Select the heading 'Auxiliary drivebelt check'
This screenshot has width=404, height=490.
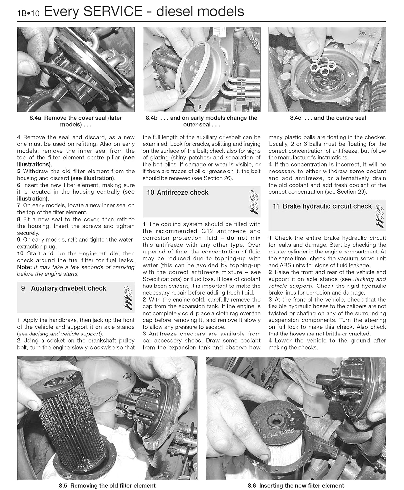point(69,288)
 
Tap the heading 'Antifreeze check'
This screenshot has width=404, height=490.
point(182,192)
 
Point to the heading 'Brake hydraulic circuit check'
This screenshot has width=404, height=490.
point(327,206)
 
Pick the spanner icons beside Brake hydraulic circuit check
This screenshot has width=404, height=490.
point(379,216)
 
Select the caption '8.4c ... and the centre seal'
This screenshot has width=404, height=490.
point(328,118)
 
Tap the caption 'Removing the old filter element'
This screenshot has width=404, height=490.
point(113,485)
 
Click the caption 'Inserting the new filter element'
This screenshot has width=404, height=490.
point(301,485)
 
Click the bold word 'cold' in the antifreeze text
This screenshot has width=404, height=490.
point(198,300)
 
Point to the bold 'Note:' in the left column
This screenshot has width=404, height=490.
point(25,267)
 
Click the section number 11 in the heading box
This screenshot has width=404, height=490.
point(276,206)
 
